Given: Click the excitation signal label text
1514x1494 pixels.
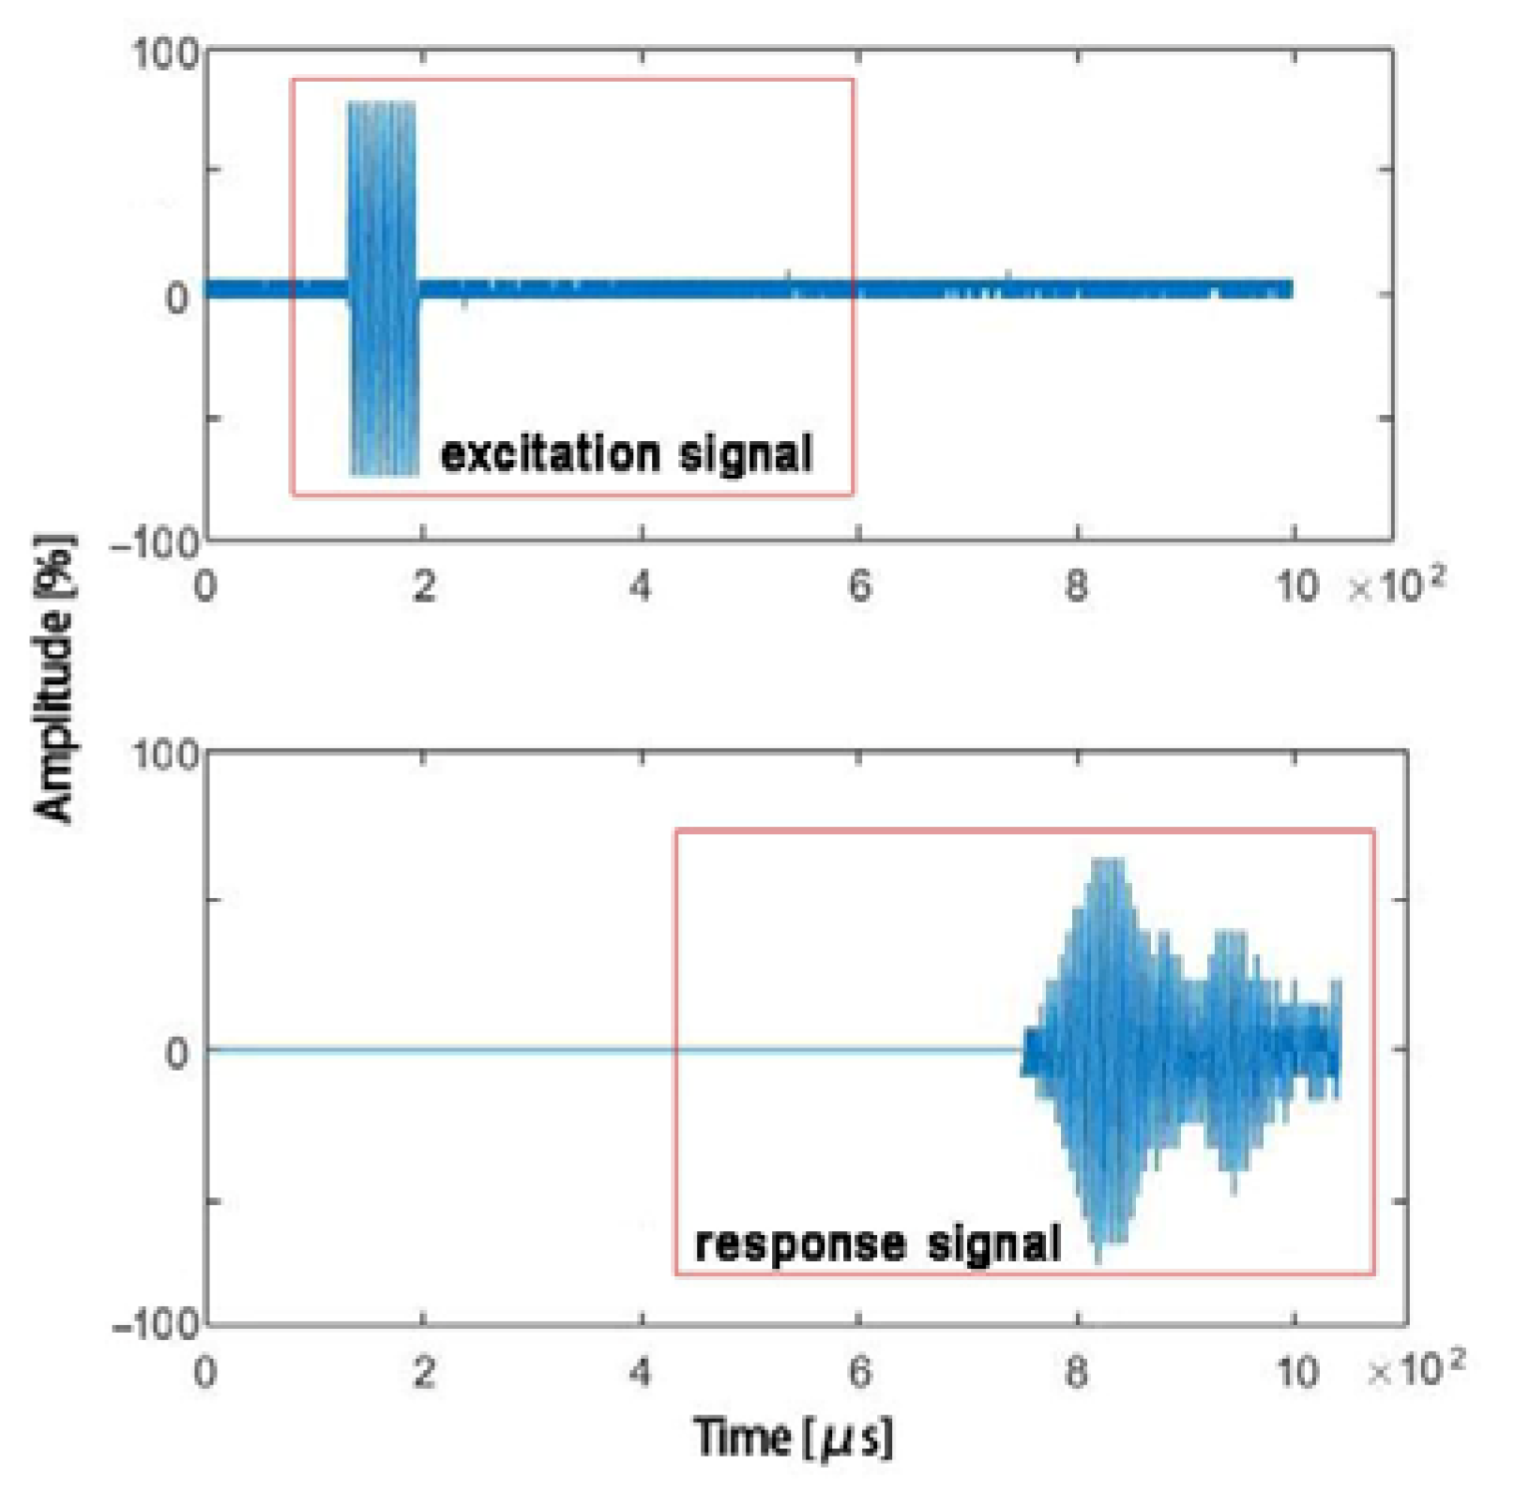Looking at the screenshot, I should point(626,454).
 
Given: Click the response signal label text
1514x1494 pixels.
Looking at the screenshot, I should point(877,1244).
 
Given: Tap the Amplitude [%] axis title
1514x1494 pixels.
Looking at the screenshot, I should point(54,678).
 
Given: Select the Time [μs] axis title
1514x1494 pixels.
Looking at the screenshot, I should point(793,1437).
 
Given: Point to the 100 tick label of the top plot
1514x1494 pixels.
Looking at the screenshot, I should point(164,53).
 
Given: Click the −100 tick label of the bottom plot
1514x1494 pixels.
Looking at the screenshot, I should point(156,1325).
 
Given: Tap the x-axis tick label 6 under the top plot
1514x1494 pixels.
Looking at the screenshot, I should point(859,587).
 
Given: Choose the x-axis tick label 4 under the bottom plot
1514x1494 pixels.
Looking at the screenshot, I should point(641,1373).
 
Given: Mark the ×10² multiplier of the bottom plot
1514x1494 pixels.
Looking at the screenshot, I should point(1416,1369).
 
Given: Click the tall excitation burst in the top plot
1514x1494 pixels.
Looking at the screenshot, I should point(383,282).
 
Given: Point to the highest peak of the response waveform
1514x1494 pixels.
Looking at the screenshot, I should point(1107,861).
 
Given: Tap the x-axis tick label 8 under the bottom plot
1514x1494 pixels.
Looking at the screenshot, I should point(1077,1373).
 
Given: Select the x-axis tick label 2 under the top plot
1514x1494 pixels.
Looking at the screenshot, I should point(424,587).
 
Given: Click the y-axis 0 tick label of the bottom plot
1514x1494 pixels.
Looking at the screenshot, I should point(176,1052).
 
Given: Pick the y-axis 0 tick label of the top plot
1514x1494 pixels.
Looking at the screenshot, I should point(176,297).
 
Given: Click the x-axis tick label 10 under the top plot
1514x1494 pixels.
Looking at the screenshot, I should point(1296,587).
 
